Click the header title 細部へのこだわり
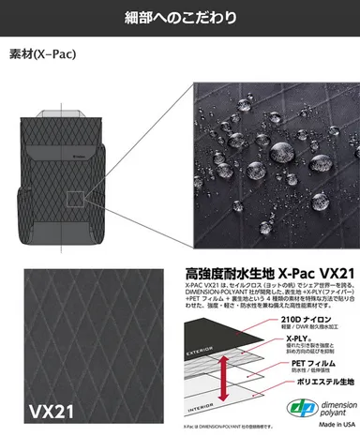(180, 17)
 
